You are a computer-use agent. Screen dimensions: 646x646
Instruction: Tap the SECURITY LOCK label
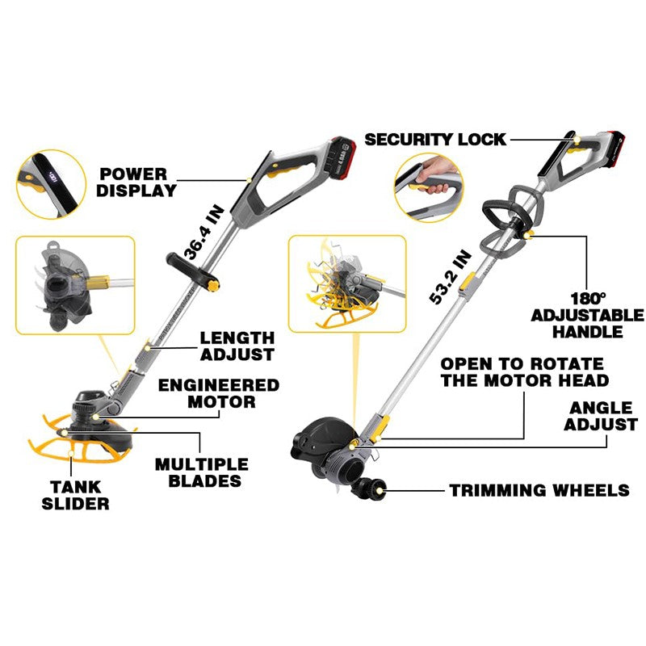pyautogui.click(x=435, y=139)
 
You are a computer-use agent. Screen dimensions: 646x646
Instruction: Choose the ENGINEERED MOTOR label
pyautogui.click(x=218, y=392)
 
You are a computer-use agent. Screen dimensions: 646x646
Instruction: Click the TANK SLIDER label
pyautogui.click(x=76, y=494)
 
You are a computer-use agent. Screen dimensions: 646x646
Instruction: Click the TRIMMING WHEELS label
pyautogui.click(x=539, y=490)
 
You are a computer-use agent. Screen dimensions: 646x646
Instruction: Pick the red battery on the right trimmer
pyautogui.click(x=607, y=139)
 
